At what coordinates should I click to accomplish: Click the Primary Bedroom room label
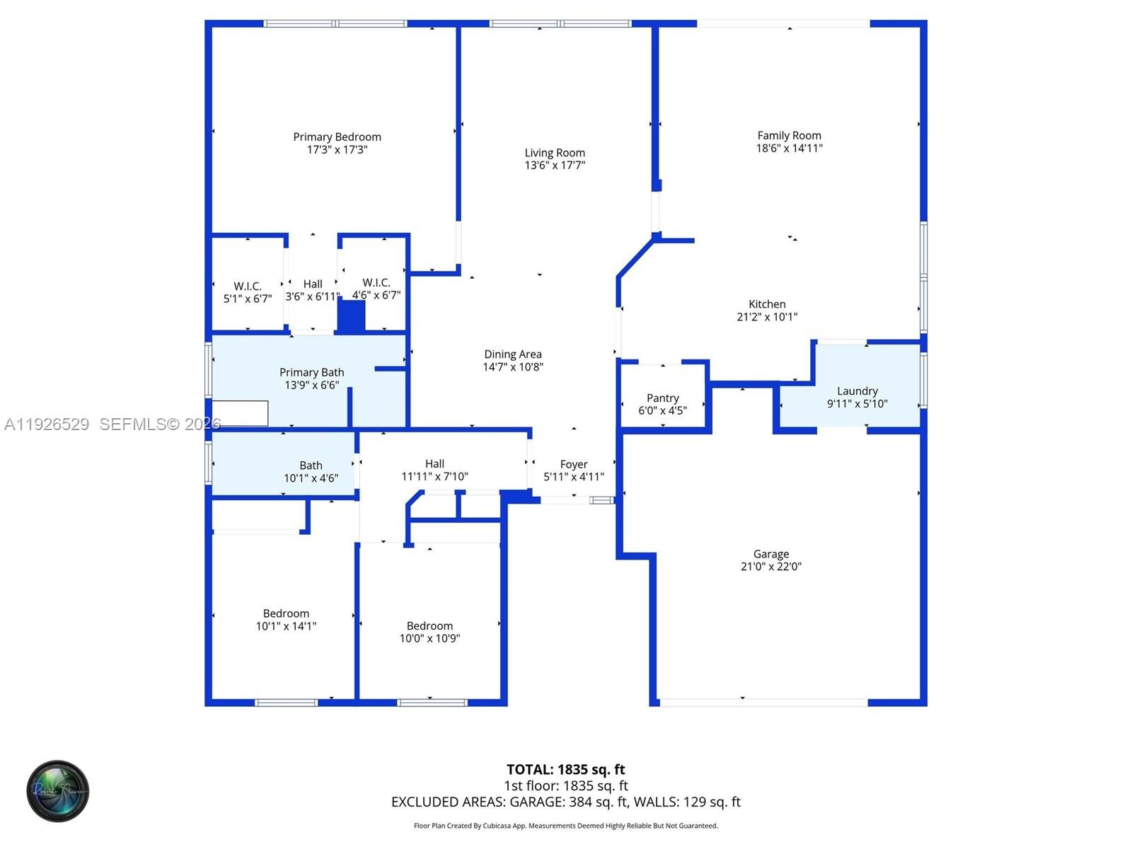pos(337,137)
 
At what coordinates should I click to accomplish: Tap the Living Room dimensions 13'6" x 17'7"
pos(555,166)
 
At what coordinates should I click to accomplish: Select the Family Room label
pos(789,136)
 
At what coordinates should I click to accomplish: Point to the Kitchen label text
pos(767,304)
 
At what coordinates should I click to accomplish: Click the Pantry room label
pos(662,398)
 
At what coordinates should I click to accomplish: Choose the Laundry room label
pos(857,391)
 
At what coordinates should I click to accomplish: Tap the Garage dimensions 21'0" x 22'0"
pos(770,567)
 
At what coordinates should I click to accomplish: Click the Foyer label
pos(574,465)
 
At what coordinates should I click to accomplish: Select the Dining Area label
pos(513,354)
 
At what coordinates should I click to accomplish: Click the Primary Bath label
pos(311,373)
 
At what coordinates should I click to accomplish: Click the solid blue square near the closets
pos(351,316)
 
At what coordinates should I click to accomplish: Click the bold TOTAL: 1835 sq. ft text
pos(565,770)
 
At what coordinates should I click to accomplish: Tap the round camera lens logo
pos(58,791)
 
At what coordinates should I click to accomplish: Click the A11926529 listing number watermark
pos(47,424)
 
